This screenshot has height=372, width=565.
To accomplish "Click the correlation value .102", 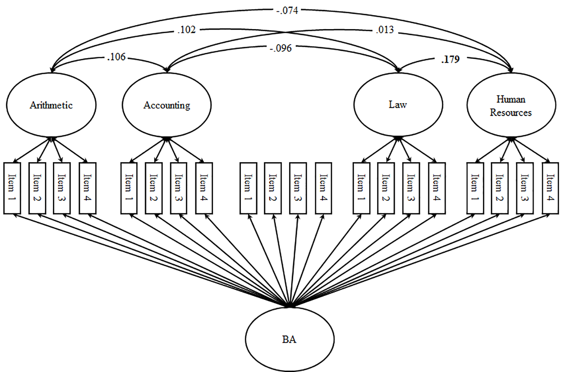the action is (187, 30).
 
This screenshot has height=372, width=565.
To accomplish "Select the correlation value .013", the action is (385, 30).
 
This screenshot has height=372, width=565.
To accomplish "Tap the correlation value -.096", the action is (281, 48).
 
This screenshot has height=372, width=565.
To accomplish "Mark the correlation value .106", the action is (116, 57).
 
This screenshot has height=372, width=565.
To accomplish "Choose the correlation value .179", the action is (451, 59).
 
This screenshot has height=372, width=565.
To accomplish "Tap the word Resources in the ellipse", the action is (511, 112).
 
